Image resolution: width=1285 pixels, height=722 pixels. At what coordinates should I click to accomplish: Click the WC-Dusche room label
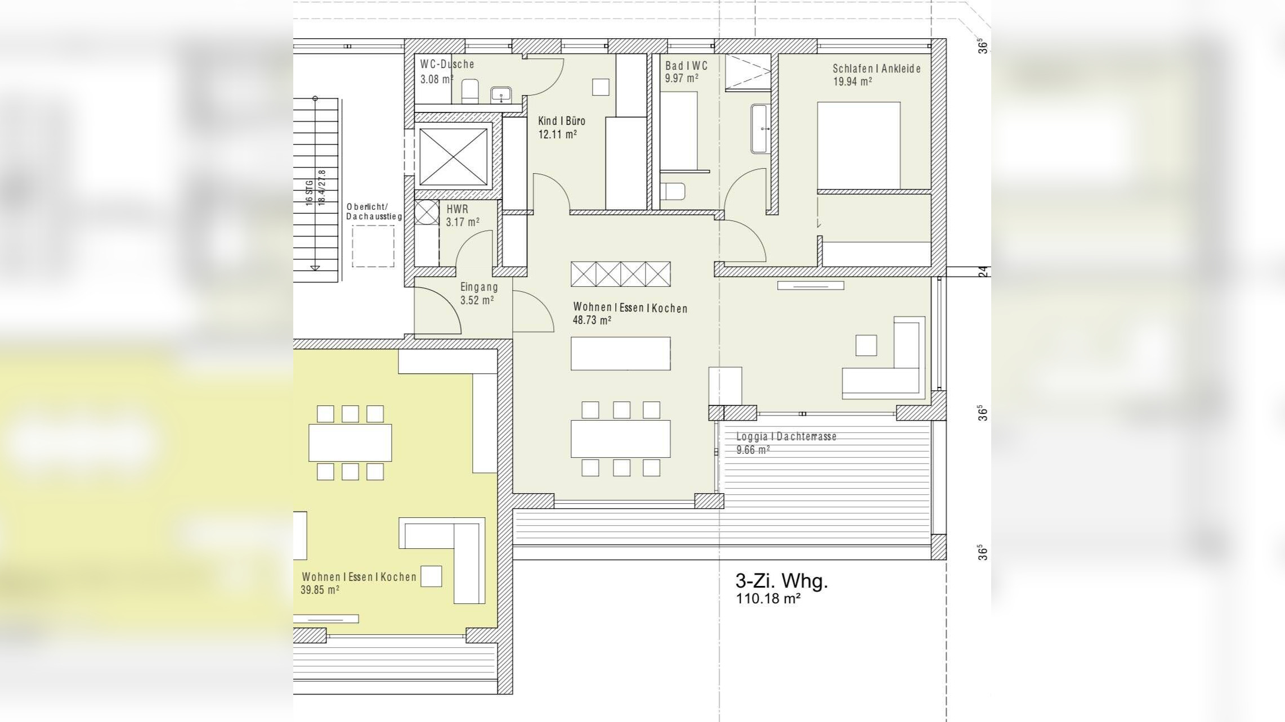[x=447, y=64]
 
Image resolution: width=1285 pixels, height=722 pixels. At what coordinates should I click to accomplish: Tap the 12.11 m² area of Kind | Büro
[x=557, y=134]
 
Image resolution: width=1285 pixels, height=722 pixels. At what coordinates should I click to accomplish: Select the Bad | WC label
[x=686, y=66]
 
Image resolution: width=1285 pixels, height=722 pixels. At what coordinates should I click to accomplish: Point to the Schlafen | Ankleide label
[x=876, y=69]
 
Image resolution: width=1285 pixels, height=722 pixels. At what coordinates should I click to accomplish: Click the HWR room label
[x=457, y=209]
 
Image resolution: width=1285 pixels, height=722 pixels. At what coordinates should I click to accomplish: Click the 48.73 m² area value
[x=592, y=321]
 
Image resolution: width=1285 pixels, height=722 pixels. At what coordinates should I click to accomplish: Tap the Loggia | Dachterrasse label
[x=786, y=436]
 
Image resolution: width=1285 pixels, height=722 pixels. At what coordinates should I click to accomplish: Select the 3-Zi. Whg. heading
[x=781, y=581]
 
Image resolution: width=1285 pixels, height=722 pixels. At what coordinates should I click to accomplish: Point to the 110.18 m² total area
[x=768, y=599]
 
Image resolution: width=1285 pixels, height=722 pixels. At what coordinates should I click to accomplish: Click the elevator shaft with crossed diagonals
[x=454, y=157]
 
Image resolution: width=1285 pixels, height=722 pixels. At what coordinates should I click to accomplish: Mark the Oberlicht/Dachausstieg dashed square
[x=373, y=246]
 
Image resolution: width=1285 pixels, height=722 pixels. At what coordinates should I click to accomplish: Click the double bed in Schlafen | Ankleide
[x=858, y=146]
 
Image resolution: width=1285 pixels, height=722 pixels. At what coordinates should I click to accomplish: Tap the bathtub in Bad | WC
[x=759, y=129]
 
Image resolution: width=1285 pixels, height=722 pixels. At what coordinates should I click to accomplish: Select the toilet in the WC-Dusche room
[x=470, y=92]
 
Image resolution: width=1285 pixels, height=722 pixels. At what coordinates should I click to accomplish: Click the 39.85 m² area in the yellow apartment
[x=320, y=590]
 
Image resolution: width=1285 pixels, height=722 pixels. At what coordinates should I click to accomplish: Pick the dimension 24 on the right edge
[x=983, y=272]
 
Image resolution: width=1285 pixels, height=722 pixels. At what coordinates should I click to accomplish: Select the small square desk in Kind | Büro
[x=601, y=87]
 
